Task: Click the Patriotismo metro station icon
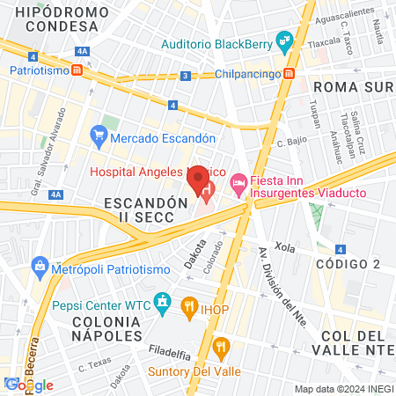[x=77, y=70]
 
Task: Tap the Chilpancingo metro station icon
[x=288, y=76]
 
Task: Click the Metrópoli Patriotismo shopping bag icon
[x=40, y=265]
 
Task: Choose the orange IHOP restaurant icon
[x=188, y=305]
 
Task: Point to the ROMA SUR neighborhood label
[x=350, y=87]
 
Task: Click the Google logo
[x=28, y=385]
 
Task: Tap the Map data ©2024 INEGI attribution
[x=342, y=389]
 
